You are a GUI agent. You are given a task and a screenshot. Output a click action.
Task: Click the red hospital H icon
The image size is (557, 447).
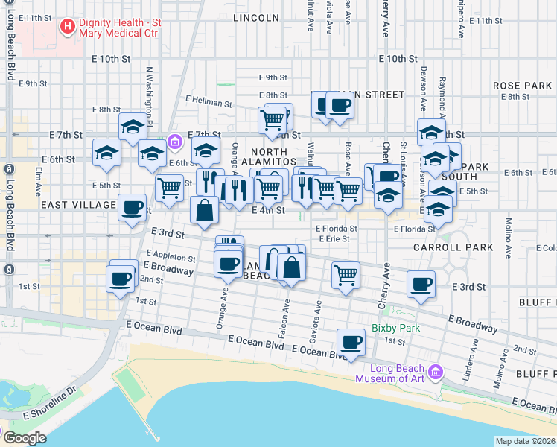68,27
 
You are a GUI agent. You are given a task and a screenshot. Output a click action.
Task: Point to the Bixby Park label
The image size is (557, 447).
396,328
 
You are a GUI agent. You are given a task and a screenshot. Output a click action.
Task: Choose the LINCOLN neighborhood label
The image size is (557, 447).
255,17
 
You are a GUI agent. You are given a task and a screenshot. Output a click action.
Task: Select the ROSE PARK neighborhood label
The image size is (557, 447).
522,86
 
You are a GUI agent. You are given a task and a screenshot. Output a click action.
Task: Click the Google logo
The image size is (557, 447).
24,438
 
